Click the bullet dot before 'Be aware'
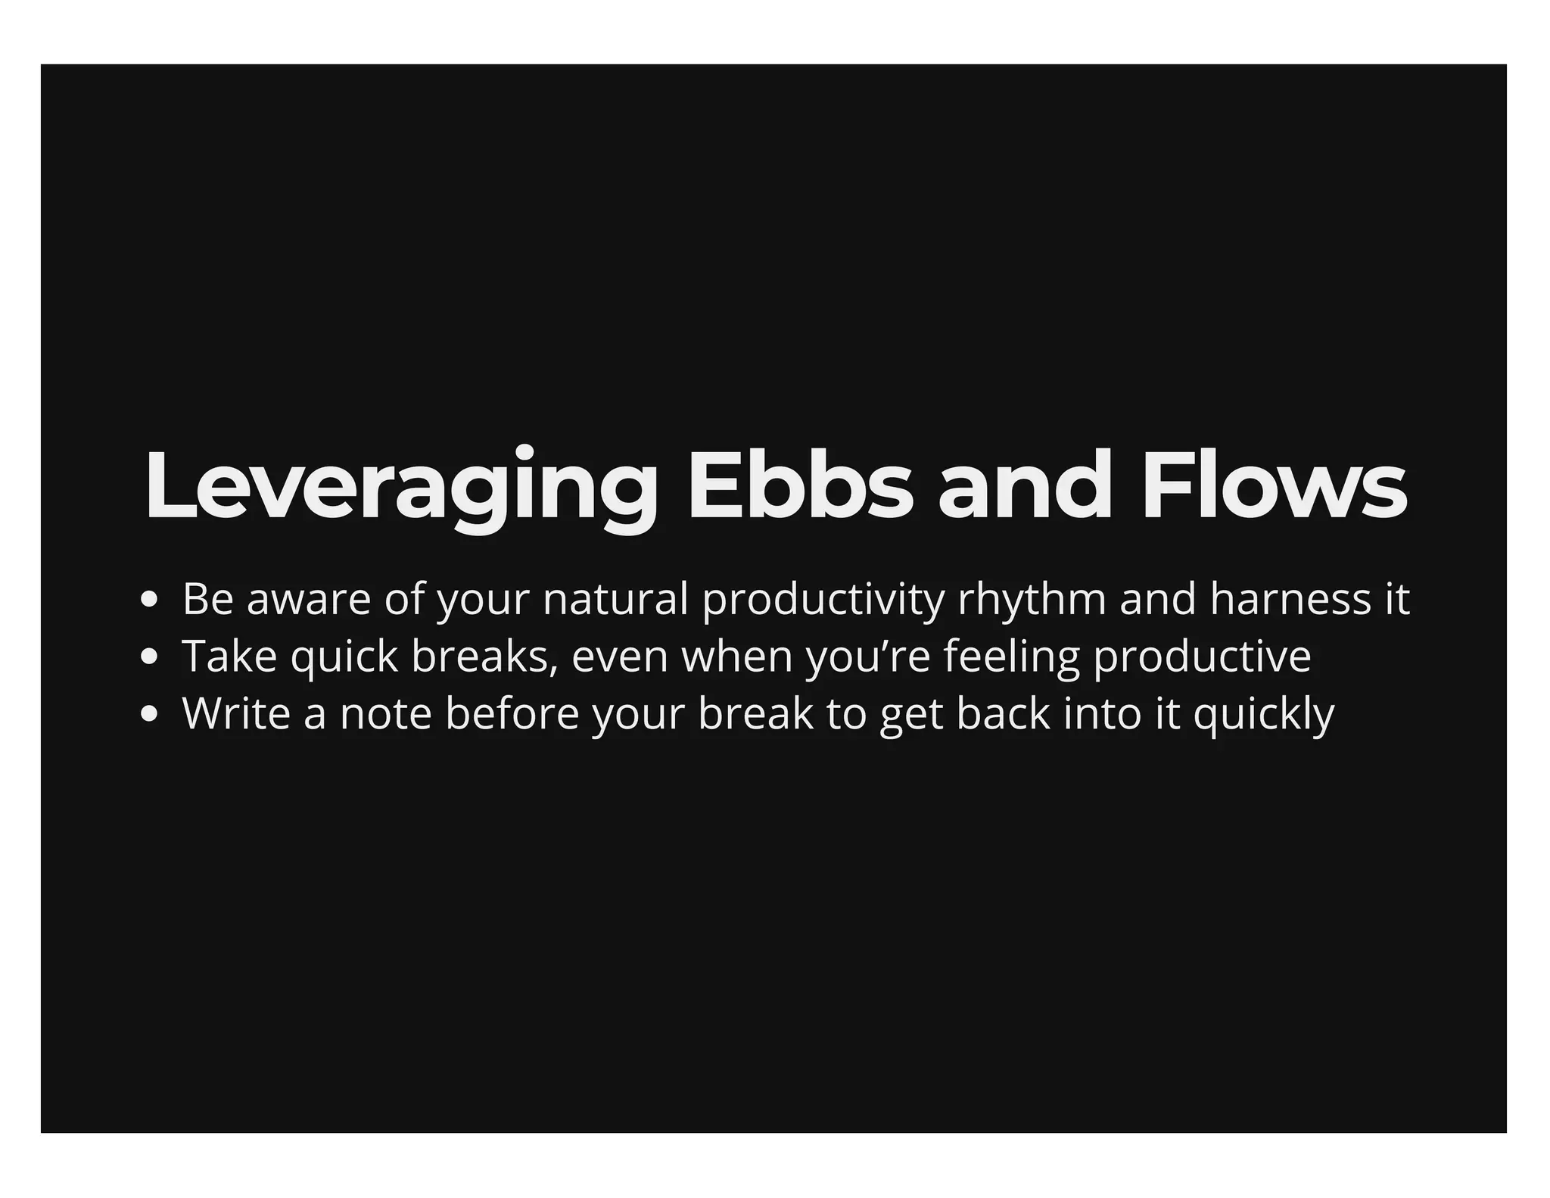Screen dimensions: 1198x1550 [x=149, y=600]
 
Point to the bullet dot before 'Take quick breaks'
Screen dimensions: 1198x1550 [x=149, y=657]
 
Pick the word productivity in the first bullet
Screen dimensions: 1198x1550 [x=823, y=600]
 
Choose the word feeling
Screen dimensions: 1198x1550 [x=1011, y=657]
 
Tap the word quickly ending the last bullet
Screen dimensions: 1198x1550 [x=1264, y=715]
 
